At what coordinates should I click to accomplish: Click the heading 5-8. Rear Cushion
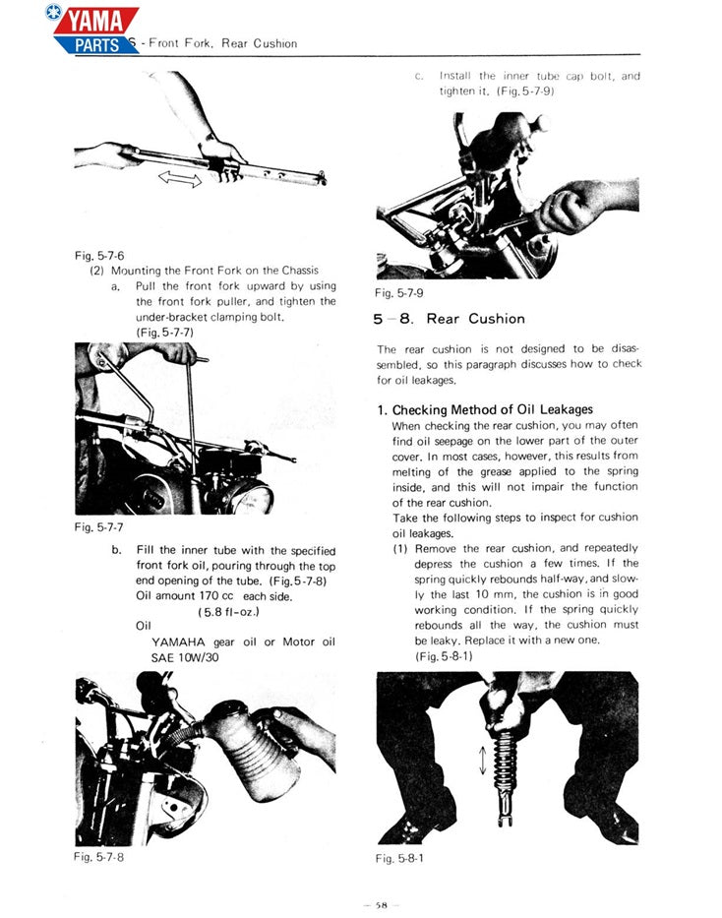tap(449, 319)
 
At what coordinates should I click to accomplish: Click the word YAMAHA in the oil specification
tap(179, 642)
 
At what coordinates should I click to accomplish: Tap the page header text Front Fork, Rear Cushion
tap(222, 43)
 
